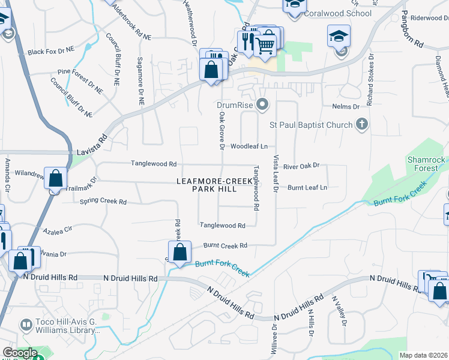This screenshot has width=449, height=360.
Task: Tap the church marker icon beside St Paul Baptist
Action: coord(361,125)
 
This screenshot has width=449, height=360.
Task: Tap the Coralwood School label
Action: coord(329,13)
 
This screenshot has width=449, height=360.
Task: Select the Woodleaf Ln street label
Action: coord(249,146)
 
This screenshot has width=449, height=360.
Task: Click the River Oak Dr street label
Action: coord(302,166)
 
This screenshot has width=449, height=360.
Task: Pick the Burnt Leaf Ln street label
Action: coord(307,188)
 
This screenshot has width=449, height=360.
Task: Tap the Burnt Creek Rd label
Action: coord(225,245)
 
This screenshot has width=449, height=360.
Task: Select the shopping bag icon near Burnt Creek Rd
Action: coord(179,252)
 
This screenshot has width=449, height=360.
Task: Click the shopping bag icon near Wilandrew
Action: coord(56,179)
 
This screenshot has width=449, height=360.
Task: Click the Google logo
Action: coord(20,353)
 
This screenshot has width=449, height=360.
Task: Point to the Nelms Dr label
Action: coord(345,107)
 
